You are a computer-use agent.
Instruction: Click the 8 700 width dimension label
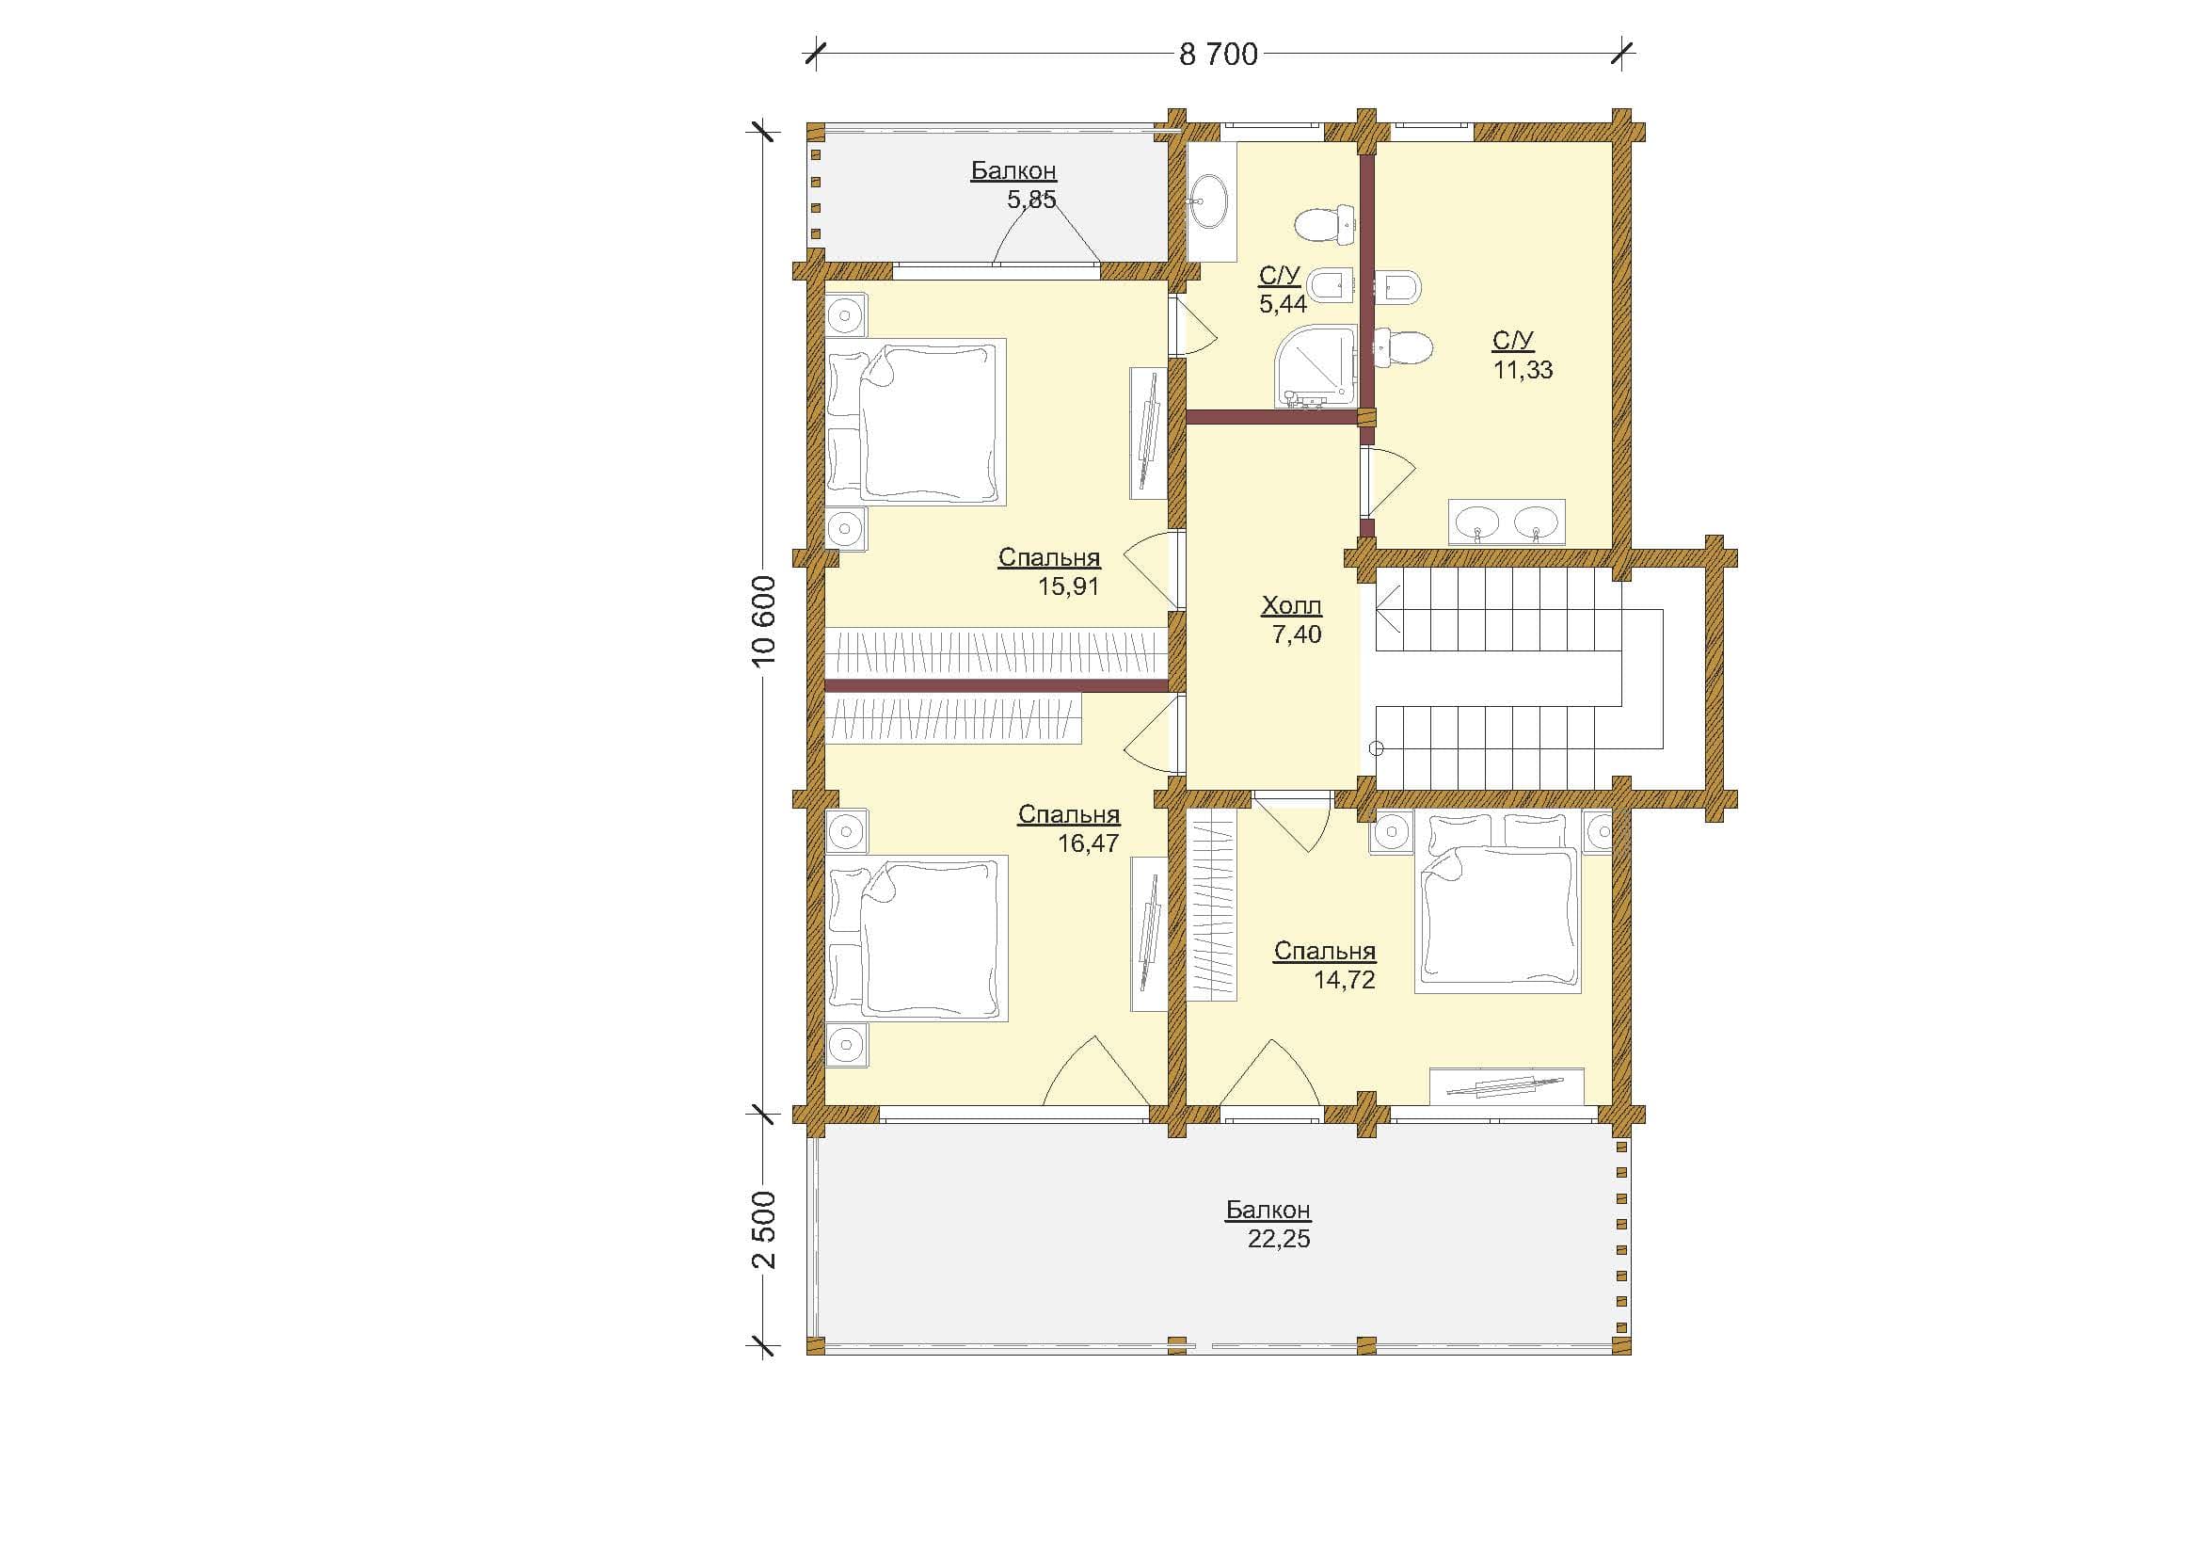tap(1218, 56)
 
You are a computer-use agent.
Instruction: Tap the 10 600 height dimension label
tap(764, 622)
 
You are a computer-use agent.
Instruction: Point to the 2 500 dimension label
tap(764, 1230)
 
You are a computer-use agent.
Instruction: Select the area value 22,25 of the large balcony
tap(1279, 1239)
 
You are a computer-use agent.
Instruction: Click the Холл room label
tap(1291, 606)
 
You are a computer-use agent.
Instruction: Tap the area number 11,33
tap(1523, 369)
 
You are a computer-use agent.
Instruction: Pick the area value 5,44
tap(1283, 305)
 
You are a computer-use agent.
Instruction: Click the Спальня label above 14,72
tap(1325, 951)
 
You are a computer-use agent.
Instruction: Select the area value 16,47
tap(1088, 843)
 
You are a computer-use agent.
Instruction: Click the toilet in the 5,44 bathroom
tap(1324, 224)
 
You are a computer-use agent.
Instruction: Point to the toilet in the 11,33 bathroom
tap(1403, 348)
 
